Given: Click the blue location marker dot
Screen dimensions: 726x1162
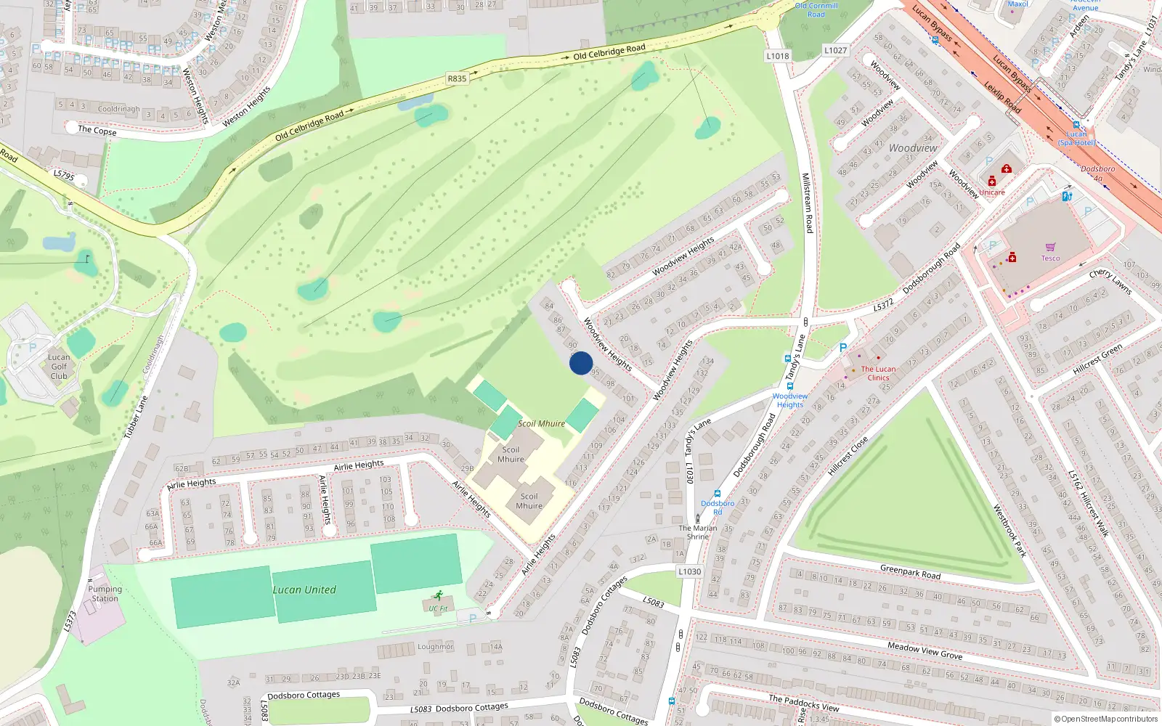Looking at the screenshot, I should coord(581,363).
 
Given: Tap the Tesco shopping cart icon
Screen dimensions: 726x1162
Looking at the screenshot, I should coord(1050,248).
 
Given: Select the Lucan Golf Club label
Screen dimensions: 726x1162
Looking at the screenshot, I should coord(59,367).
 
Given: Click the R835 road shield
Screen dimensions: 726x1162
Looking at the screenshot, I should coord(457,78).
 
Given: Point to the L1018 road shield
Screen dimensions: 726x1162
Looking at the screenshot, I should coord(777,56).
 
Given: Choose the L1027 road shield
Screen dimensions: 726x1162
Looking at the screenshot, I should coord(835,50).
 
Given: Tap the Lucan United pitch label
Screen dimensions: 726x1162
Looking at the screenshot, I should coord(304,590).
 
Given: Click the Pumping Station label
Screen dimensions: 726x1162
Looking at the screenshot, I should coord(105,594).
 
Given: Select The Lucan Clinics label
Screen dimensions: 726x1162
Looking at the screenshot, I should coord(878,373).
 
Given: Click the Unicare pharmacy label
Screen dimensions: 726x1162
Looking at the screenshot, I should coord(992,192).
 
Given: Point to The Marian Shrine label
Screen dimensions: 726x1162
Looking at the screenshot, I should coord(697,532).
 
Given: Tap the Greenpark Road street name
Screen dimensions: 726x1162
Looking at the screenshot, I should coord(910,572).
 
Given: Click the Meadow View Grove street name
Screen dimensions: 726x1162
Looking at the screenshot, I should coord(925,650).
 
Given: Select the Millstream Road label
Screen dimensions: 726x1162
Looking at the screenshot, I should coord(807,203).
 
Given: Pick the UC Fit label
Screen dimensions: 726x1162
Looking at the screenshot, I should coord(438,608).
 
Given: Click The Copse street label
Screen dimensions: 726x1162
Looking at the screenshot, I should coord(97,131).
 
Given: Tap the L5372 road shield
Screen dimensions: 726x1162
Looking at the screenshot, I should coord(883,306).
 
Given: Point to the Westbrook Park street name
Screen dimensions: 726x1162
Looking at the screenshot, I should coord(1009,531).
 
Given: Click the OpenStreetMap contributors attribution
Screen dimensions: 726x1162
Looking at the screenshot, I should coord(1105,719).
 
